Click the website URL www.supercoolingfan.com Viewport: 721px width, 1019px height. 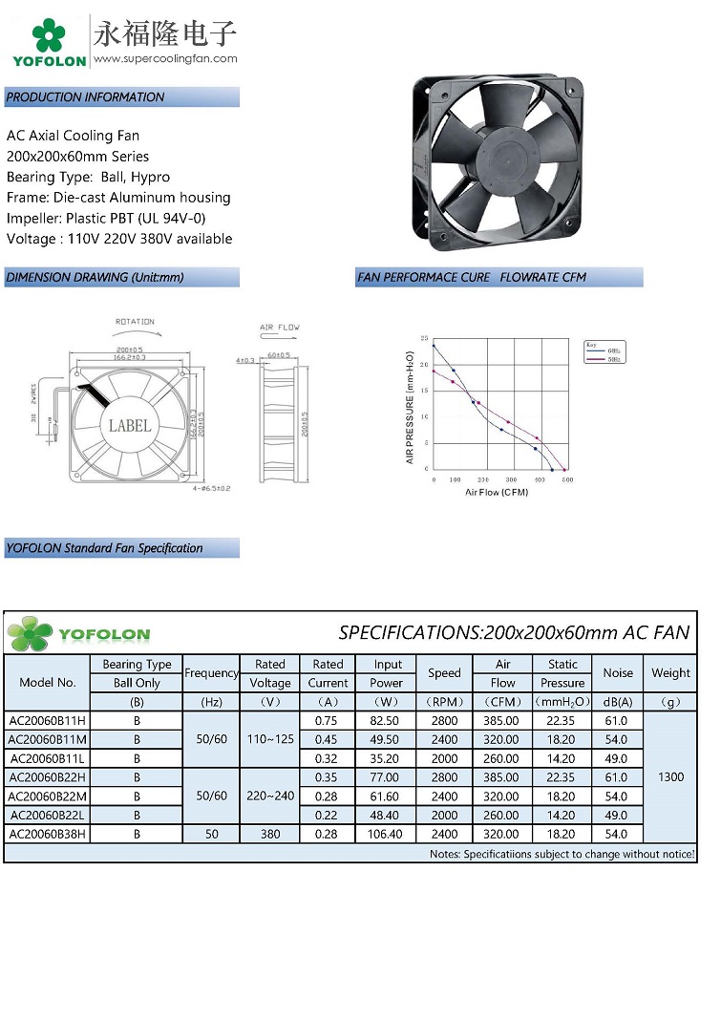pos(165,58)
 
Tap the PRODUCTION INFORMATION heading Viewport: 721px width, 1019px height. pos(86,97)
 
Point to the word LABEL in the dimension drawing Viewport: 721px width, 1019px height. pos(130,425)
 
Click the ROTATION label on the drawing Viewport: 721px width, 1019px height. pos(135,322)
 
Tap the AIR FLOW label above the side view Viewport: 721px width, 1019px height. pos(280,328)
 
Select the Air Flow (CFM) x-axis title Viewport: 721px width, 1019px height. pos(497,492)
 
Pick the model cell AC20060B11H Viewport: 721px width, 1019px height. pos(47,721)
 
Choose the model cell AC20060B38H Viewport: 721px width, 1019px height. pos(47,834)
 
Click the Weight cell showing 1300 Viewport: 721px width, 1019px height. pos(670,777)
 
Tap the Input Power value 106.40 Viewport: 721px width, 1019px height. pos(388,834)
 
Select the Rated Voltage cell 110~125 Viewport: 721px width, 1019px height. pos(270,739)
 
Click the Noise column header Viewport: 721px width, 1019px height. pos(618,673)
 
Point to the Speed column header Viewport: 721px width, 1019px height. pos(444,673)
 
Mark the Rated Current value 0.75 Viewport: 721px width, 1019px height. pos(328,721)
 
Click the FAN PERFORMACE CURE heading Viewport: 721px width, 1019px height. pos(472,278)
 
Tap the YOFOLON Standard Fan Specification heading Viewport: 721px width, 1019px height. pos(105,548)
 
